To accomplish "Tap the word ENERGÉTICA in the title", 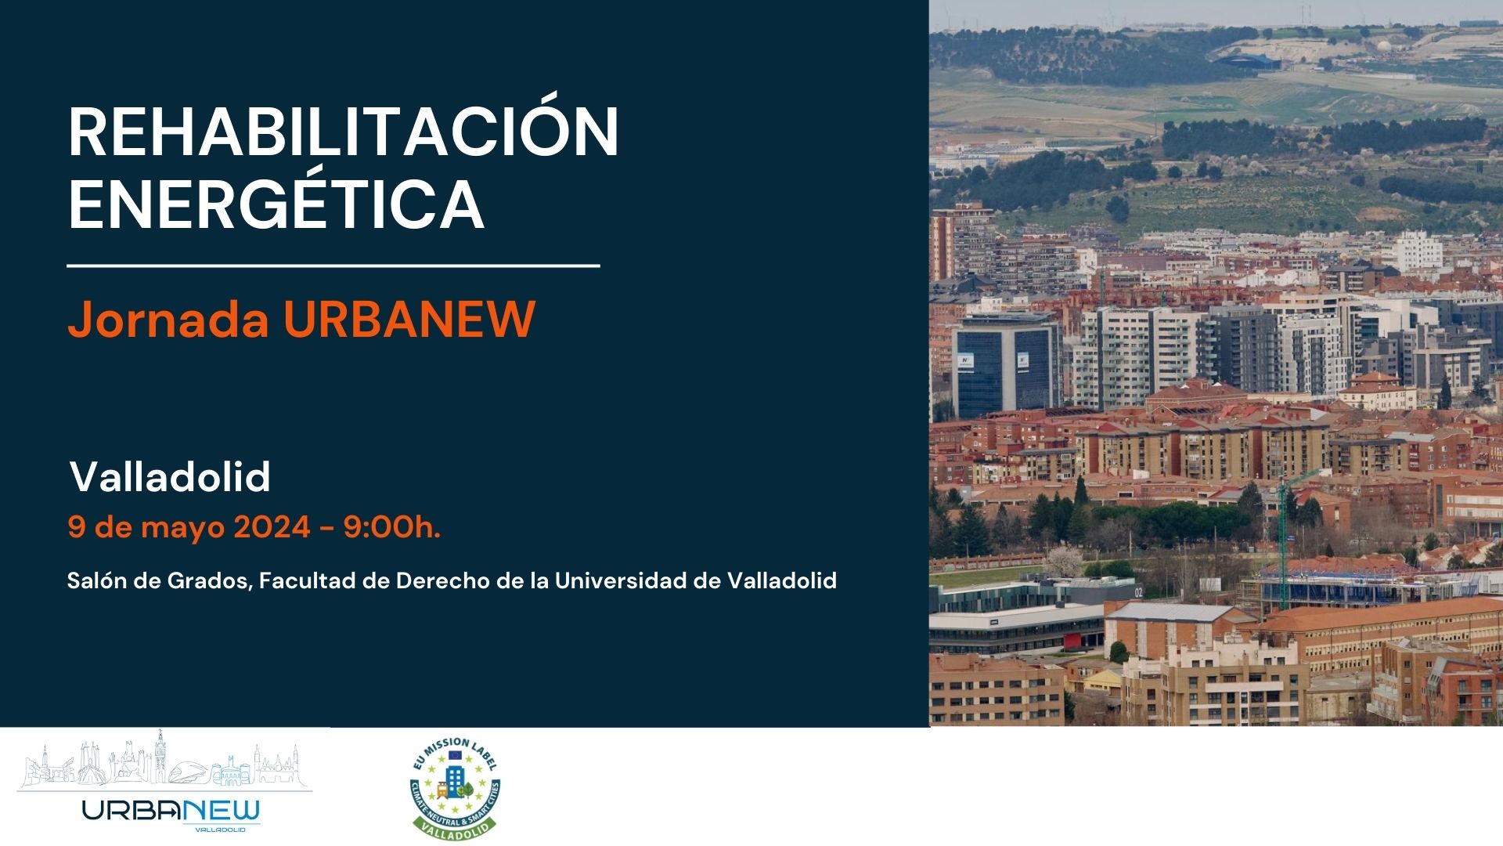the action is [x=276, y=202].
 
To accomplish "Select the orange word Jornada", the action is [x=168, y=319].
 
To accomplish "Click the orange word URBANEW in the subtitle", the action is [x=409, y=319].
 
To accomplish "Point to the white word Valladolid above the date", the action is [x=170, y=476].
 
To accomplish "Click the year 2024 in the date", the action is [x=272, y=527].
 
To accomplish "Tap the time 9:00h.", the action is [x=392, y=527].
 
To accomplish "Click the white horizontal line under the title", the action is [x=333, y=266].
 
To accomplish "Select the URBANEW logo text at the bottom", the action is [x=171, y=812].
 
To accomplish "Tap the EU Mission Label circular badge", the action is [x=455, y=788].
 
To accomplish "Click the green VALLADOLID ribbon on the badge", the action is [x=455, y=826].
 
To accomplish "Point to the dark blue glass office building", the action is [x=1007, y=365].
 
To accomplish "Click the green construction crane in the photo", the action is [x=1285, y=533].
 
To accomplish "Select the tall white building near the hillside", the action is [x=1418, y=251].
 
